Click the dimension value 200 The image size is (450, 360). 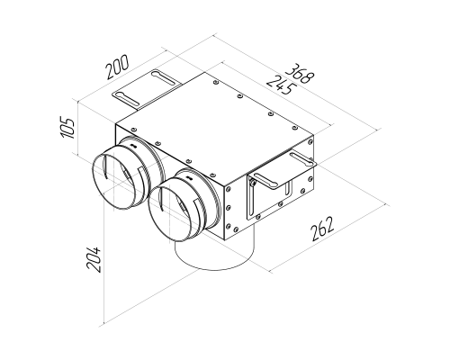tap(118, 67)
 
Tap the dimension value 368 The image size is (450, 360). tap(300, 73)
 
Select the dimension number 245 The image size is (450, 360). tap(281, 85)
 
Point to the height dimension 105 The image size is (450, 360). tap(67, 128)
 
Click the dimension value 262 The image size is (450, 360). tap(322, 229)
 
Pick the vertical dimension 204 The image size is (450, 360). tap(93, 259)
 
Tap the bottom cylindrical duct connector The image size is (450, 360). tap(215, 252)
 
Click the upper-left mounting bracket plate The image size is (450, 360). tap(147, 88)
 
